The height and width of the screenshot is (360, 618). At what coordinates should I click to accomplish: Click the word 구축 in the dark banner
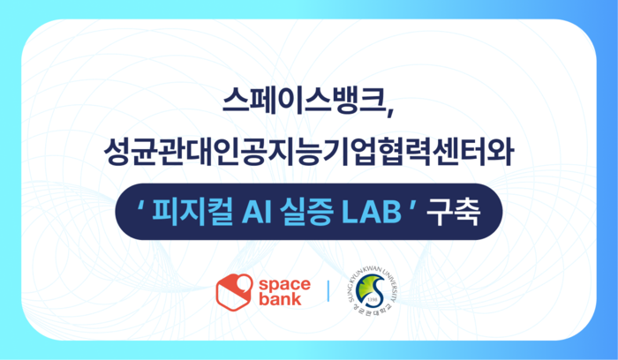452,211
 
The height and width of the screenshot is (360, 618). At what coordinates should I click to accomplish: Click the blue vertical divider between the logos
328,290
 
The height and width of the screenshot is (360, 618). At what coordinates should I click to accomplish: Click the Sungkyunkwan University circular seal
373,290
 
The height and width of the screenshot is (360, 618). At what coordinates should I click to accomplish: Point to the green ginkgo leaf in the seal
374,284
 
